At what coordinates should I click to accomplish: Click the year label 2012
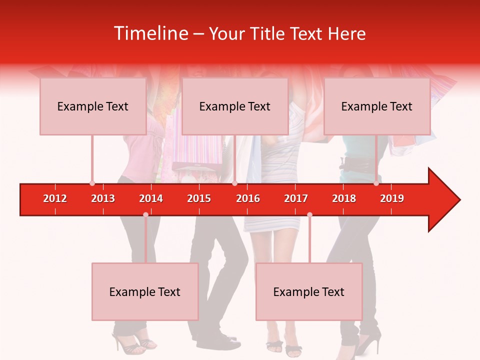[55, 198]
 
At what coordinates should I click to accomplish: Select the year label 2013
[103, 198]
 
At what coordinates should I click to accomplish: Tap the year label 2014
[151, 198]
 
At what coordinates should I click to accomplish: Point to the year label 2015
[199, 198]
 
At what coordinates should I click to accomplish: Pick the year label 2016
[248, 198]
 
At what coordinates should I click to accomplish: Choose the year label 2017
[296, 198]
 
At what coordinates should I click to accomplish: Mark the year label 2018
[344, 198]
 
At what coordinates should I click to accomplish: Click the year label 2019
[392, 198]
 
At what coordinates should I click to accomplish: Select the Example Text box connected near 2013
[93, 106]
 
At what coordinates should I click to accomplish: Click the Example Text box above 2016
[235, 106]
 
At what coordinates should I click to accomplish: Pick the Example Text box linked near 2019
[377, 106]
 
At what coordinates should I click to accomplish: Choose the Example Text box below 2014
[145, 291]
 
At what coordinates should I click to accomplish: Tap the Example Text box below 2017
[309, 291]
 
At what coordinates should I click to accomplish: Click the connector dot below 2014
[145, 215]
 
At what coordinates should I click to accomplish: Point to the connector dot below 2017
[309, 215]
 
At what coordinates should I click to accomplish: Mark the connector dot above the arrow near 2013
[92, 183]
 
